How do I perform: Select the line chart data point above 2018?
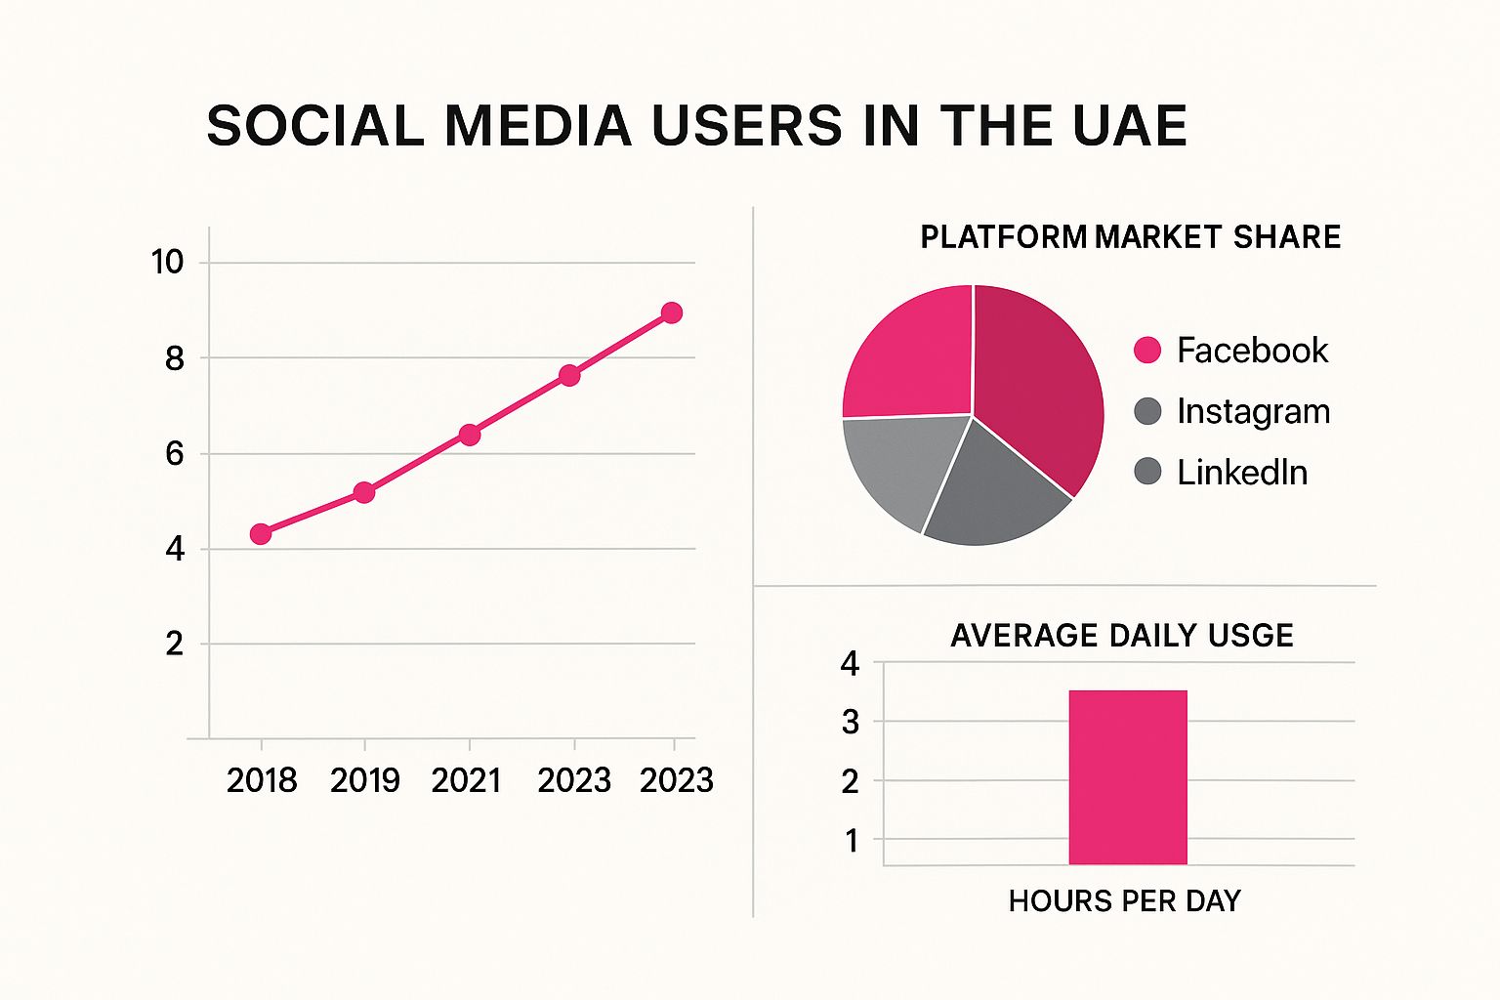point(261,533)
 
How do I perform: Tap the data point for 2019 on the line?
point(364,492)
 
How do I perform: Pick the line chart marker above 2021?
point(470,435)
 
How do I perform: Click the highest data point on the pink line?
point(672,312)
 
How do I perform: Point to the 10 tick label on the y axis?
point(167,262)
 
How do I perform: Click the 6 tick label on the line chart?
point(174,453)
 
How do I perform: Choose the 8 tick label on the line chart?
point(174,358)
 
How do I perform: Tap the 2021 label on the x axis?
point(466,780)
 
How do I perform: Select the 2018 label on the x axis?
point(262,780)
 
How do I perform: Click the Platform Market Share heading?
point(1130,237)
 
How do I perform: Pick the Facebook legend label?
point(1252,351)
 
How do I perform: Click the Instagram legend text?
point(1253,411)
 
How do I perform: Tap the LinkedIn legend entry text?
point(1241,473)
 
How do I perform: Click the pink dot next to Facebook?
point(1147,350)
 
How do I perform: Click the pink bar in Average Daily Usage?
point(1128,777)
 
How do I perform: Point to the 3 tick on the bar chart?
point(851,723)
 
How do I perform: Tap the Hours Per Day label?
point(1124,900)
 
